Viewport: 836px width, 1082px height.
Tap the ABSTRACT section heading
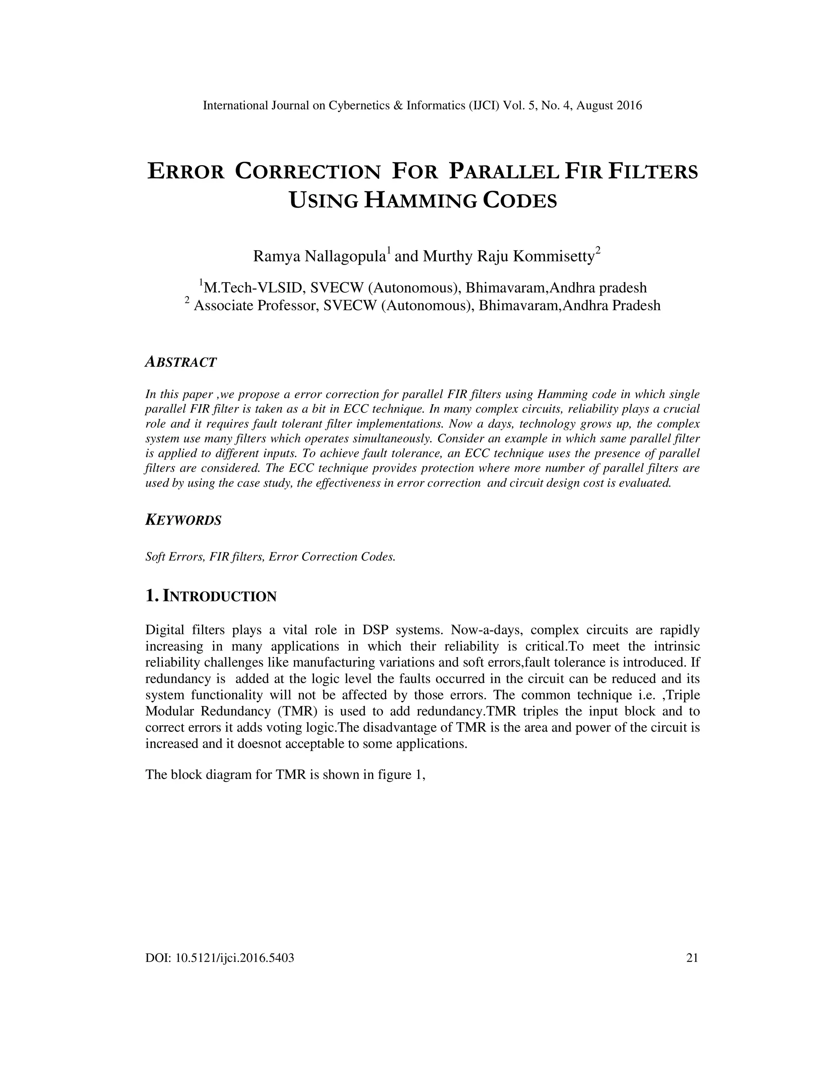point(181,362)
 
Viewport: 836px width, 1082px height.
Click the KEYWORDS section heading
point(183,520)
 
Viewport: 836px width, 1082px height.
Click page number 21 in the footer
point(692,957)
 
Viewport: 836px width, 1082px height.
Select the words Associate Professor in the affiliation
point(256,305)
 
